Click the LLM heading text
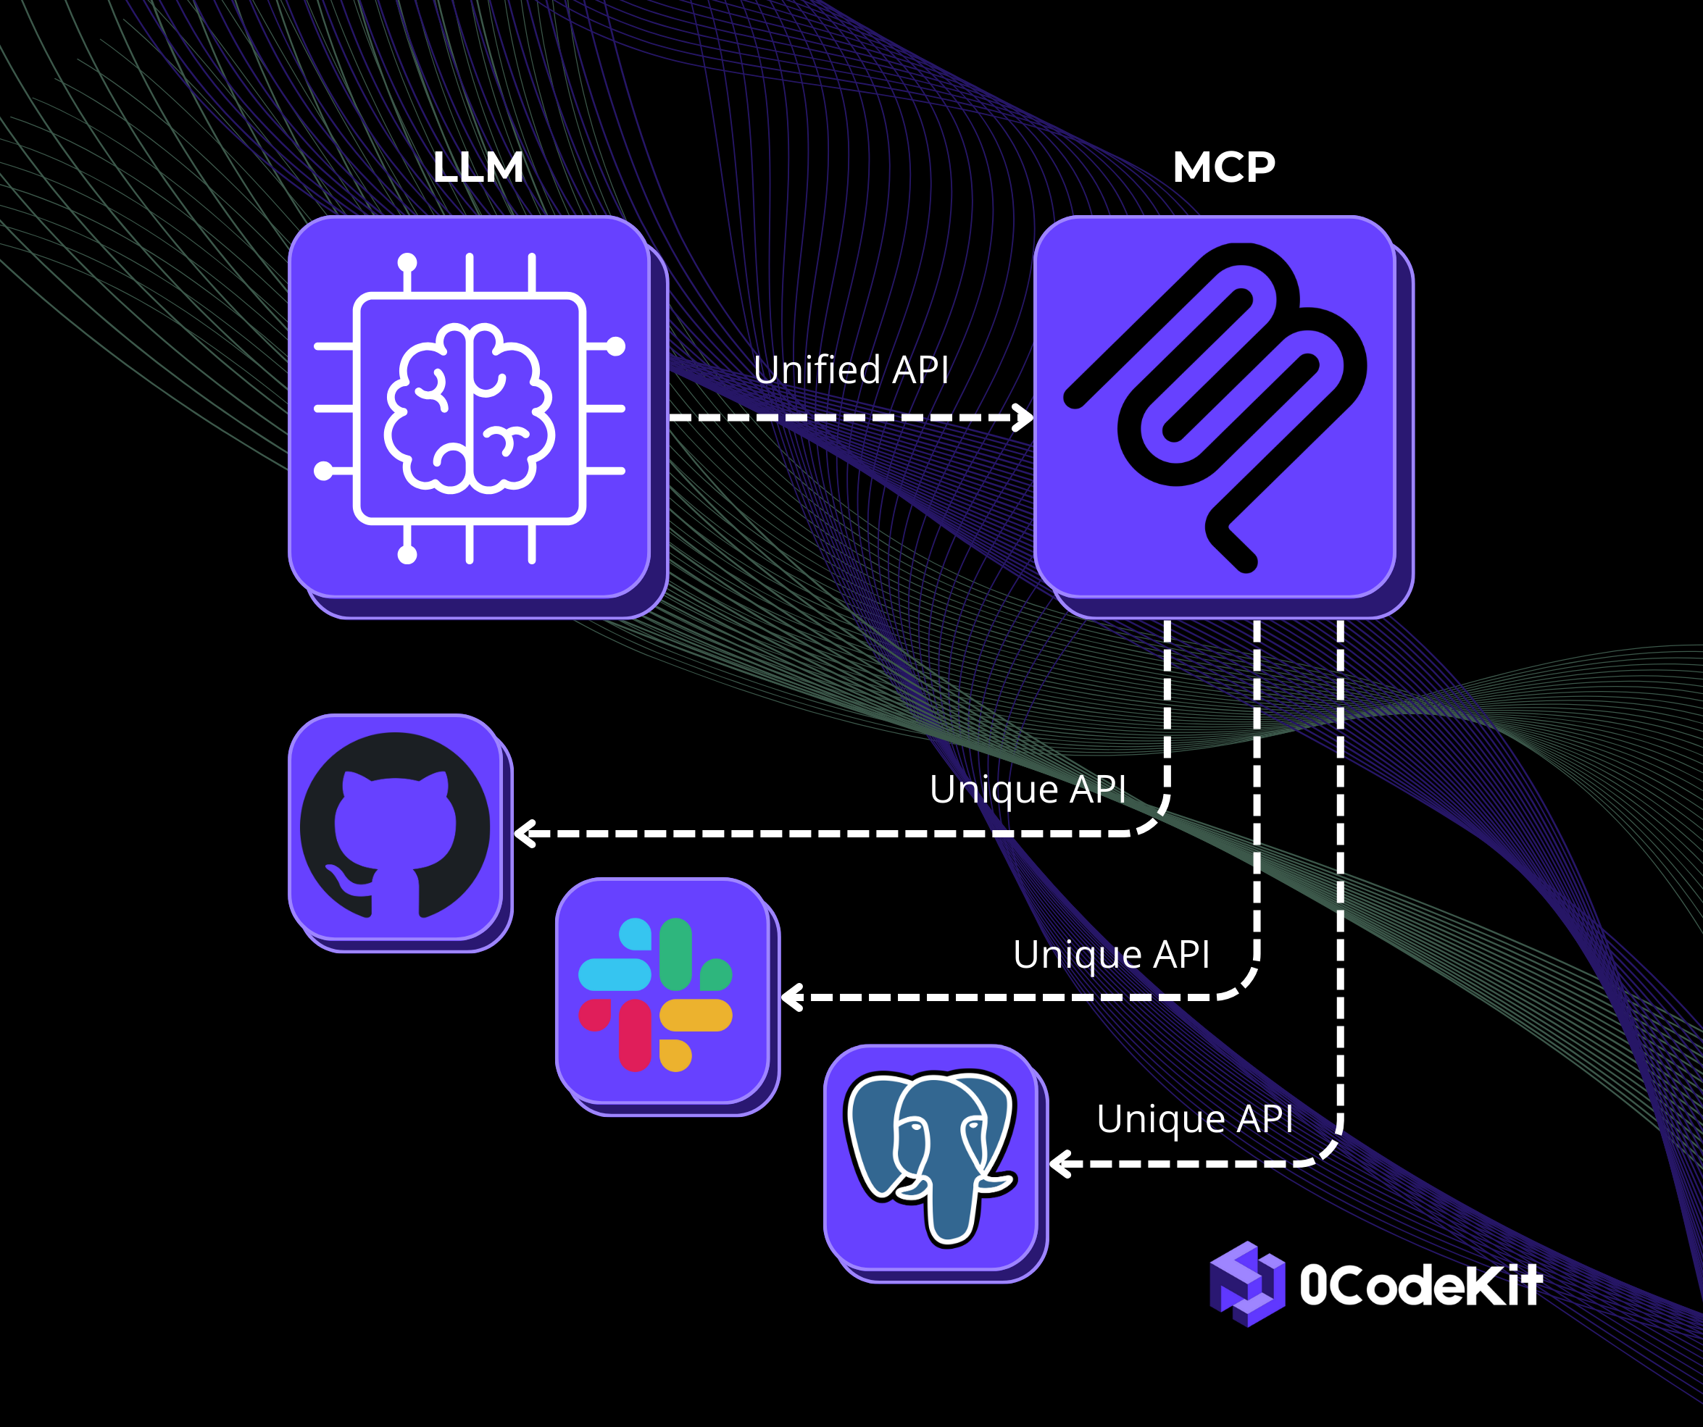tap(478, 168)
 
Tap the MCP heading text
tap(1223, 167)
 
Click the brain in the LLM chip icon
tap(470, 408)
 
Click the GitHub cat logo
tap(395, 827)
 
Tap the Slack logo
tap(655, 995)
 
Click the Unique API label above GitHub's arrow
tap(1028, 789)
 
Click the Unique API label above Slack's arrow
tap(1111, 953)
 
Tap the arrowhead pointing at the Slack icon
tap(791, 997)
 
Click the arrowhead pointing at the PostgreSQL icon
tap(1059, 1163)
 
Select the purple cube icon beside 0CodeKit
tap(1246, 1284)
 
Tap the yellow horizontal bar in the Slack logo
tap(696, 1014)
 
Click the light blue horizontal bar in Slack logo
tap(615, 974)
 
